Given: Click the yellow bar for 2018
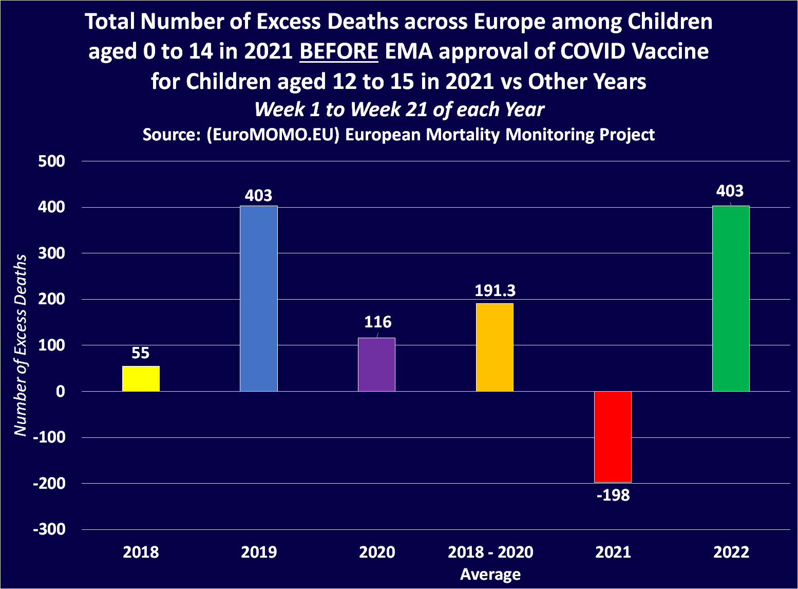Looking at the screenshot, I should [x=141, y=379].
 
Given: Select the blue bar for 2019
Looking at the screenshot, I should [x=259, y=299].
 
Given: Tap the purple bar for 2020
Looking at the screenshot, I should [x=376, y=364].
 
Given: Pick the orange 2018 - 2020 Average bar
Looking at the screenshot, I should [x=495, y=347].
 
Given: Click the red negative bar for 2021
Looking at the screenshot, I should [x=613, y=436].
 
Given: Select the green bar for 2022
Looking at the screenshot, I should [x=731, y=299].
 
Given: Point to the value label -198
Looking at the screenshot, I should [x=613, y=495].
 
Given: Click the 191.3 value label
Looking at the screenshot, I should [x=495, y=291].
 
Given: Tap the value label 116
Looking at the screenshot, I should [x=377, y=322].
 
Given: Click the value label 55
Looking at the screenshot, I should [x=141, y=353].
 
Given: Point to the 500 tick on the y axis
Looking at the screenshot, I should [x=52, y=161].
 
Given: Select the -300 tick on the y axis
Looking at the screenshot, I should [x=49, y=529].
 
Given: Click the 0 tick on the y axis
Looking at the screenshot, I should [x=61, y=392].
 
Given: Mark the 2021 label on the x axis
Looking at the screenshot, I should [x=613, y=553].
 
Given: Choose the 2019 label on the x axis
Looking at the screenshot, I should [x=259, y=553].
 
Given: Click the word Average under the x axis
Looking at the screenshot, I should [x=490, y=574].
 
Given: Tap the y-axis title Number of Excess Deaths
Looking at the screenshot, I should [x=20, y=345].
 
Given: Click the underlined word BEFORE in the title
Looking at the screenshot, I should [x=339, y=51].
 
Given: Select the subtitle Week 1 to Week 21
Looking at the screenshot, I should [x=399, y=109].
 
